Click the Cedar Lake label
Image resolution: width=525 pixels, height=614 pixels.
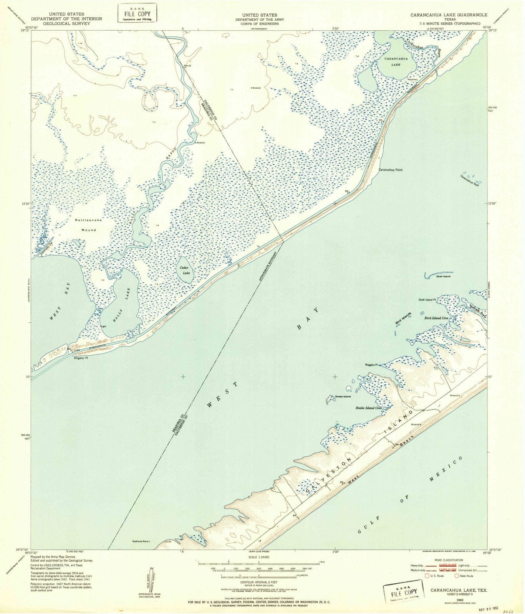pos(186,270)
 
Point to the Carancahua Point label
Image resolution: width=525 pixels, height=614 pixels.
pos(391,169)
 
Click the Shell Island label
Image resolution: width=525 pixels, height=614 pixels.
pos(443,276)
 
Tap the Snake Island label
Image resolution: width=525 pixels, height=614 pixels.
pos(343,396)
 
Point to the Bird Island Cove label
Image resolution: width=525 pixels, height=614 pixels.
pos(436,318)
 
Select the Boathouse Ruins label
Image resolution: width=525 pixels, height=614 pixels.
pos(140,541)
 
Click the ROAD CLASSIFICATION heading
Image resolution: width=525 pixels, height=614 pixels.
pos(448,560)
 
